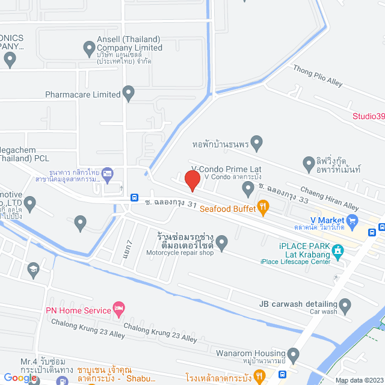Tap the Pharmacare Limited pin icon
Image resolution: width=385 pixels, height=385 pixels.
click(x=128, y=93)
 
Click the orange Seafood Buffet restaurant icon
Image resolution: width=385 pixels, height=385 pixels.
click(x=263, y=208)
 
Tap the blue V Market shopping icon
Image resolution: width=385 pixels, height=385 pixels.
click(x=353, y=220)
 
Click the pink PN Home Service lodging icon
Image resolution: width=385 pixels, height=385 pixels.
click(x=119, y=310)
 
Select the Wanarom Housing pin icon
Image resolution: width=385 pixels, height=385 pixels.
click(x=293, y=353)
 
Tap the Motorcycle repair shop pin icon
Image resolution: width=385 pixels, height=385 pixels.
click(x=222, y=242)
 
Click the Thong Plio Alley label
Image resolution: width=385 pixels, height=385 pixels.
click(x=316, y=77)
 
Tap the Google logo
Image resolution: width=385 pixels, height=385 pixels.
click(x=19, y=377)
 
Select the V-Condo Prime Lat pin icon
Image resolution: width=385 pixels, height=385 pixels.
click(x=248, y=189)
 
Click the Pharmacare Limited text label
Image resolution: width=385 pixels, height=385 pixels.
click(x=83, y=94)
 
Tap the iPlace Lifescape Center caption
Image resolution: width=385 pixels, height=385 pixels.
click(x=295, y=261)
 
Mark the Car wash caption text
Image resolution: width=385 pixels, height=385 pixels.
click(x=323, y=312)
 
